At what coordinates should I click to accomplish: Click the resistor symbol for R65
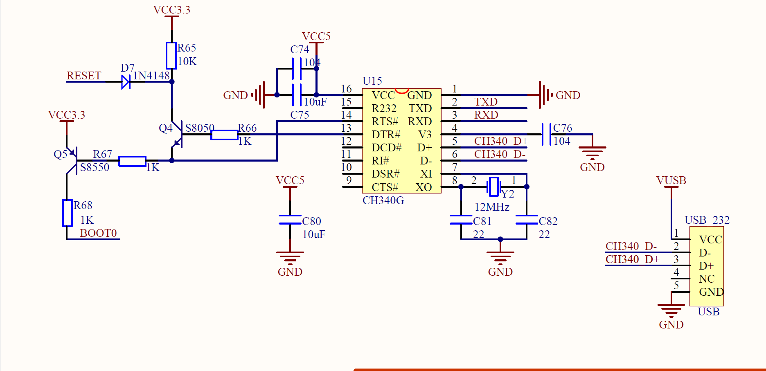(171, 56)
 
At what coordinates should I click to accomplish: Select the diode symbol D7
(126, 82)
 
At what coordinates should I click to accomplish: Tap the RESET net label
(83, 76)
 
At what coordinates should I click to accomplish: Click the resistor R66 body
(224, 135)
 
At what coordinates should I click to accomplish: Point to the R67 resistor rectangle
(132, 161)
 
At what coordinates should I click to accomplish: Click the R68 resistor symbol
(67, 213)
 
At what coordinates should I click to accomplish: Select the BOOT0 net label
(98, 233)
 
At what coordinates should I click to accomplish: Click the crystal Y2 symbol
(494, 187)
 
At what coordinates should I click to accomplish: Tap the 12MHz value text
(492, 207)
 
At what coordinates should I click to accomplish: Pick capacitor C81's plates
(461, 220)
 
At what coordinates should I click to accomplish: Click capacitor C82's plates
(527, 220)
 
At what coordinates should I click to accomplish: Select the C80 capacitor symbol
(290, 220)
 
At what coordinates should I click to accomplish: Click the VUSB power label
(671, 180)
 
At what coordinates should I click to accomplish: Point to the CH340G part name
(383, 200)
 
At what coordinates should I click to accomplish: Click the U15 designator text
(372, 81)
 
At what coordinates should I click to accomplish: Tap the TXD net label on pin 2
(486, 102)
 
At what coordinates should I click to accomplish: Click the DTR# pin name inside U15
(385, 135)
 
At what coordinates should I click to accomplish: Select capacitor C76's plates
(546, 134)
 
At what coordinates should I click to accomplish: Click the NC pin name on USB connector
(706, 279)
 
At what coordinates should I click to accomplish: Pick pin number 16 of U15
(346, 89)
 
